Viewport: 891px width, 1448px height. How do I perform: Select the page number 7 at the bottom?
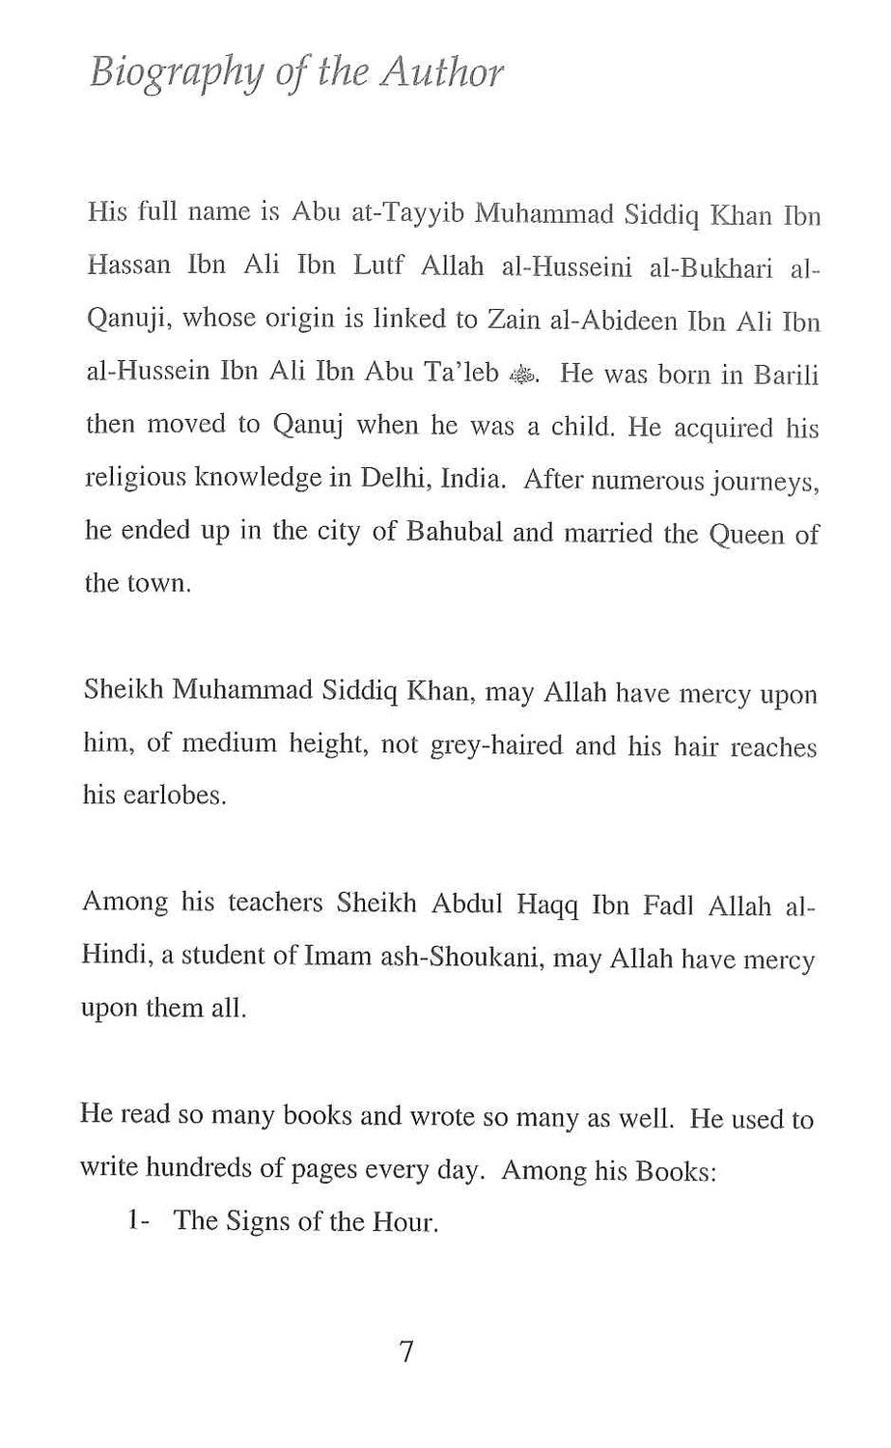click(x=406, y=1352)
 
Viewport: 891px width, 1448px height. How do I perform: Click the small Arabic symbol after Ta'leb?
click(x=520, y=376)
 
